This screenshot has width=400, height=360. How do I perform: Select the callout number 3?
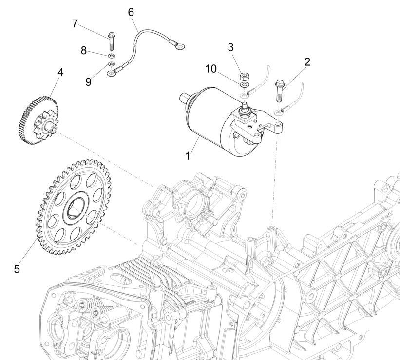pyautogui.click(x=231, y=47)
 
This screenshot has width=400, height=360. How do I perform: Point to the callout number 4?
pyautogui.click(x=60, y=72)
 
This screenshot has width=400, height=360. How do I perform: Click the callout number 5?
pyautogui.click(x=17, y=268)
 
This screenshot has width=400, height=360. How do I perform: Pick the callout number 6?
pyautogui.click(x=131, y=11)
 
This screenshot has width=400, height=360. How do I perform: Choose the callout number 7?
pyautogui.click(x=75, y=23)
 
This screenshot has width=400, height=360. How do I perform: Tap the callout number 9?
pyautogui.click(x=88, y=81)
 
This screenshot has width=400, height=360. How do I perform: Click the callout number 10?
pyautogui.click(x=211, y=69)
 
